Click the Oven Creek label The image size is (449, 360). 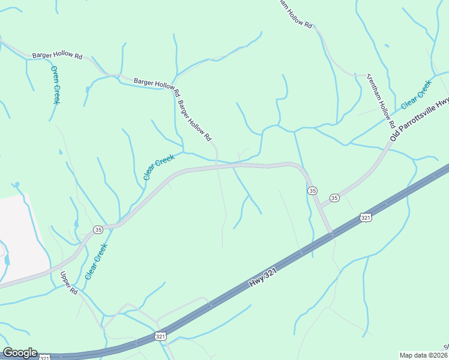(55, 85)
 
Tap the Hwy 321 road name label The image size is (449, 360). (264, 280)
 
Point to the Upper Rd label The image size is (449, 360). (69, 283)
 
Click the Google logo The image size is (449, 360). (20, 353)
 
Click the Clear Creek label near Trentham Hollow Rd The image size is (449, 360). (416, 94)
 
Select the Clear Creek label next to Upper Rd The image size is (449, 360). (96, 261)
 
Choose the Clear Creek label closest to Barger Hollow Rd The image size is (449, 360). (158, 167)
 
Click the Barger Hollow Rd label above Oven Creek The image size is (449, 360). (58, 55)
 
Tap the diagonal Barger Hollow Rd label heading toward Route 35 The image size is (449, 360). (194, 120)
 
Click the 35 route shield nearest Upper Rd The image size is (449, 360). (97, 229)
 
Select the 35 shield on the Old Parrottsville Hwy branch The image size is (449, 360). (334, 198)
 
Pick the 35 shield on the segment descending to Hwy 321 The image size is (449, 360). (312, 190)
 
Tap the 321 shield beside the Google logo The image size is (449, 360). (45, 358)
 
